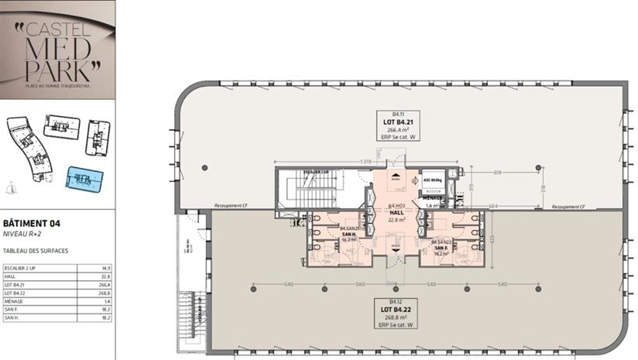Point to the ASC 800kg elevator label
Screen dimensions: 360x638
coord(433,179)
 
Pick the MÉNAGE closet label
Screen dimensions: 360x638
coord(434,202)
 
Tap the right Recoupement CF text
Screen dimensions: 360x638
coord(569,207)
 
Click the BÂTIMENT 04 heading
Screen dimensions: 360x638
coord(32,223)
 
